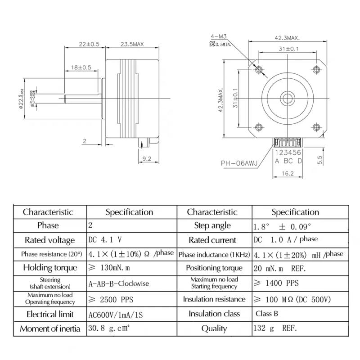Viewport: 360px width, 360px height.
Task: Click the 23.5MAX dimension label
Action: point(131,44)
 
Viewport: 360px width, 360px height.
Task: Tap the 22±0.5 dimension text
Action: point(89,44)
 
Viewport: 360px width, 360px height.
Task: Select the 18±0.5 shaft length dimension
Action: point(81,67)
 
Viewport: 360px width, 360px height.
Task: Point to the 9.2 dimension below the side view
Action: point(146,158)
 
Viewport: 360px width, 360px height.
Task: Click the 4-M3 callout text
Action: point(218,37)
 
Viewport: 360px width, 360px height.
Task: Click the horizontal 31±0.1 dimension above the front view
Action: point(288,49)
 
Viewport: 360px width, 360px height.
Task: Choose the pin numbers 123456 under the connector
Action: point(288,153)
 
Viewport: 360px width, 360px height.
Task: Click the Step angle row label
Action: point(212,225)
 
